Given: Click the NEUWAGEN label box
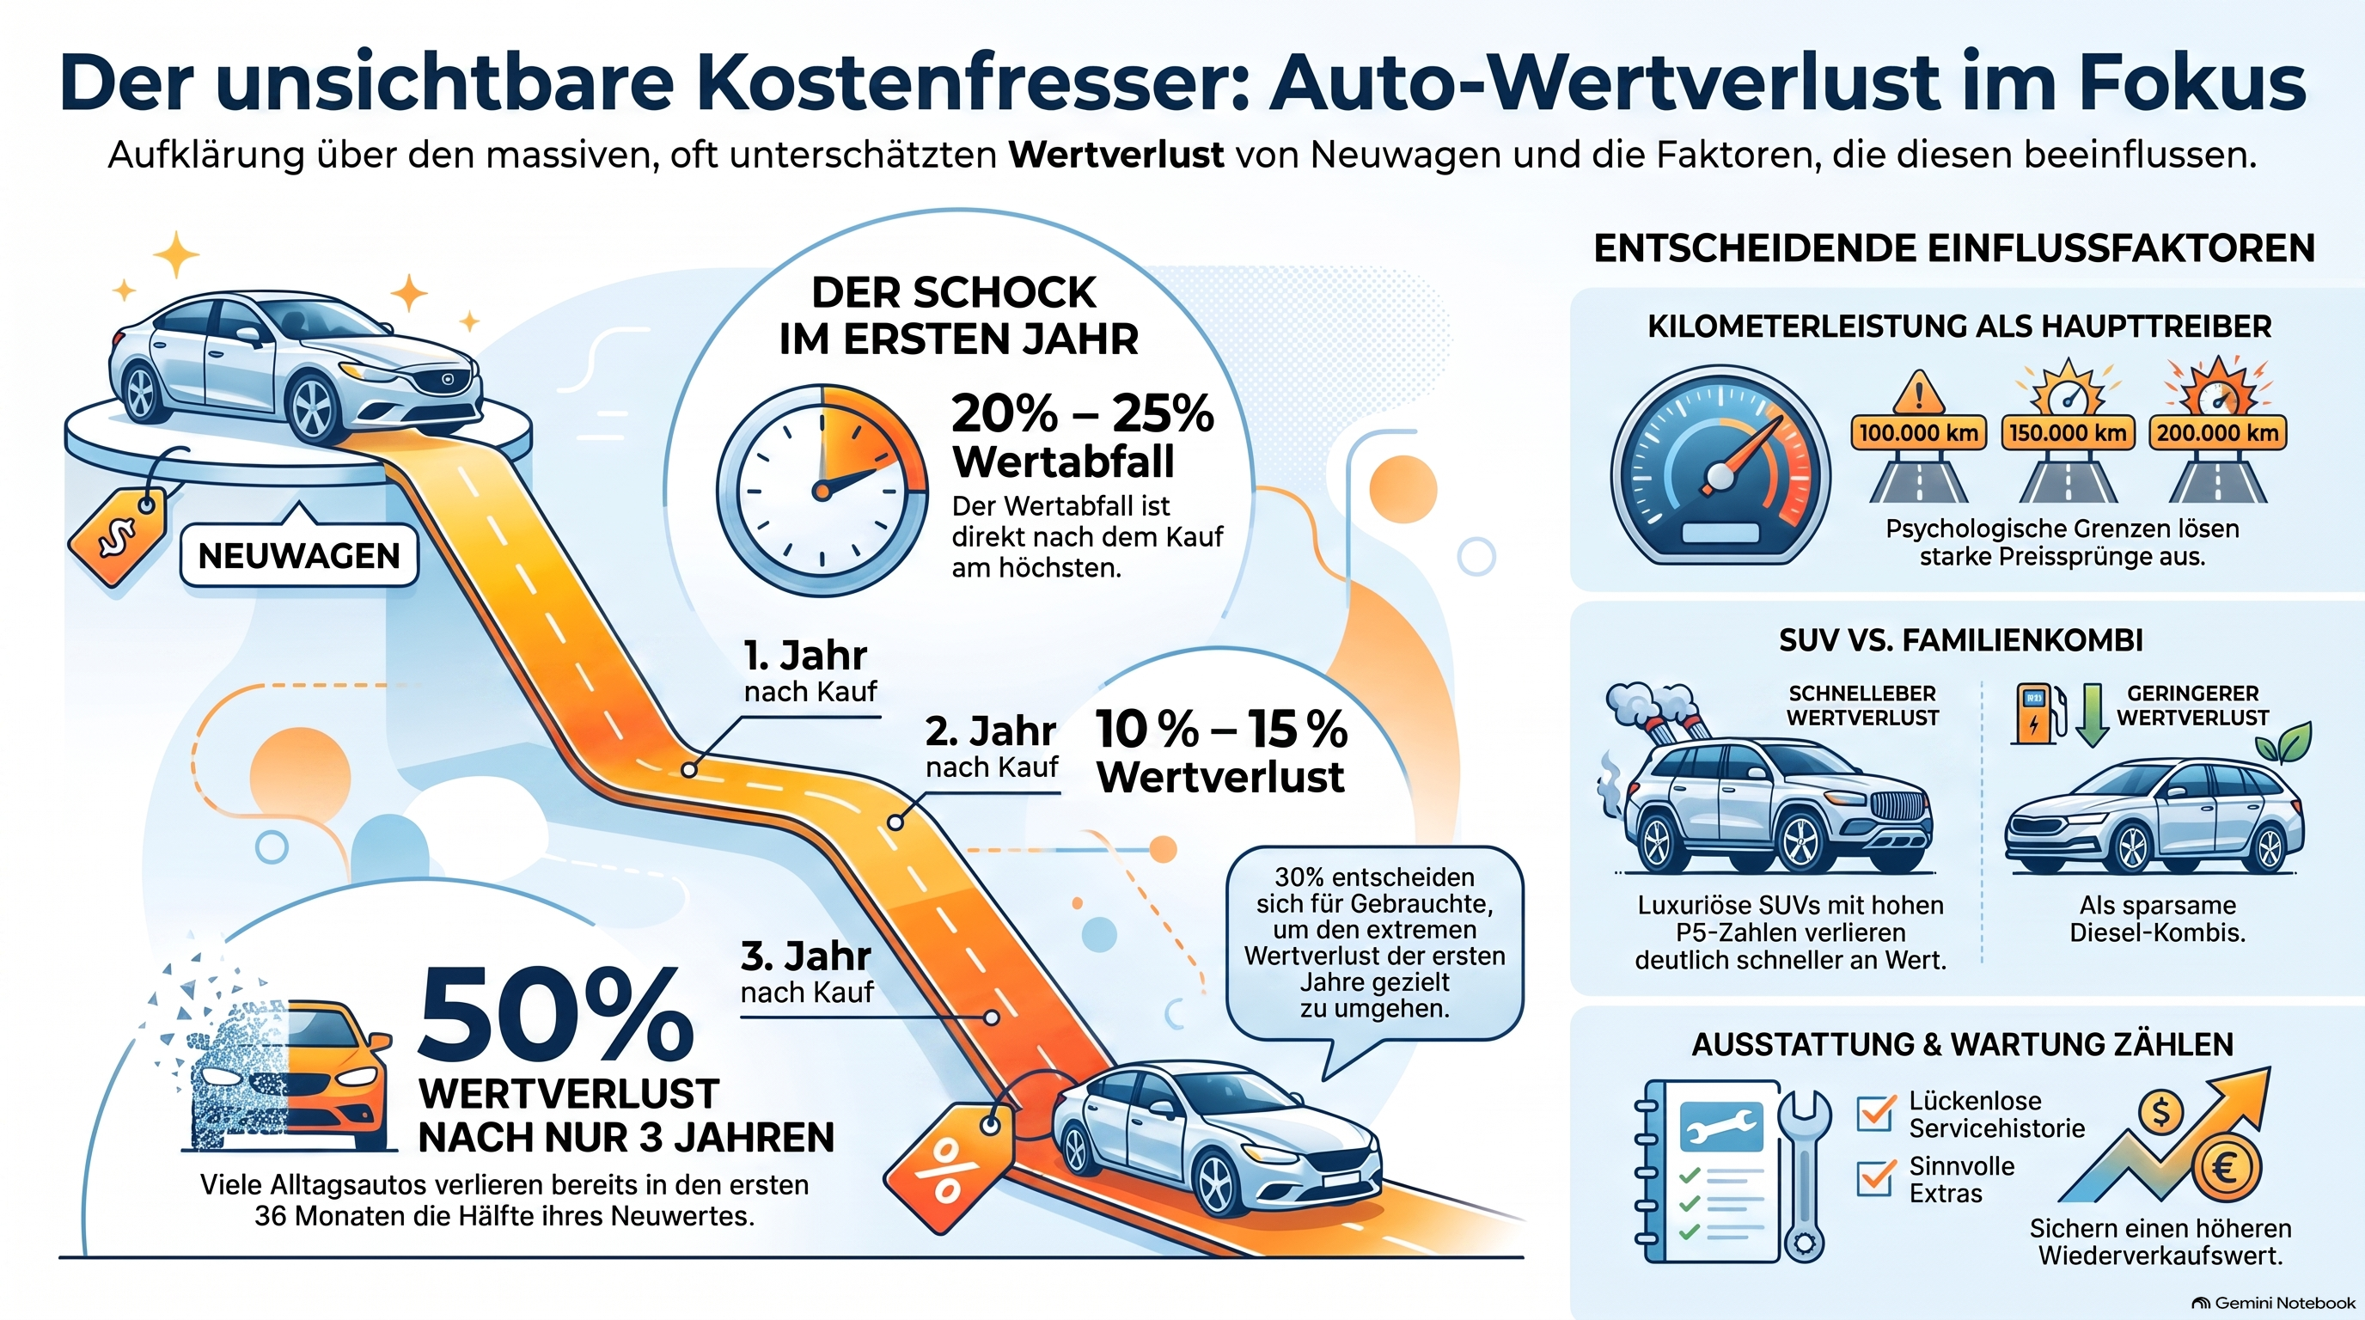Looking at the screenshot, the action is point(299,555).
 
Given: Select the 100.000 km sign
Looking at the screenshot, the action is point(1918,432).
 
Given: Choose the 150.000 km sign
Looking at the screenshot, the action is point(2068,432).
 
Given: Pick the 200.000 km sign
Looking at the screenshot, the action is point(2217,432).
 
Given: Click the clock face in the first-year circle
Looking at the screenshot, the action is point(822,490).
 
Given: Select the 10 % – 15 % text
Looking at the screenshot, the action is point(1221,729).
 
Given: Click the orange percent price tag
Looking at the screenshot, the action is point(949,1168).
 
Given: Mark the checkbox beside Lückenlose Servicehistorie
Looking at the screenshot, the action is point(1876,1113).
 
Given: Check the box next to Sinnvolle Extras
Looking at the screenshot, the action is point(1876,1176).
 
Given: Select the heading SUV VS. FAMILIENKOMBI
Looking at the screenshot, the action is point(1961,640).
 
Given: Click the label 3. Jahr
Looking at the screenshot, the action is point(805,956).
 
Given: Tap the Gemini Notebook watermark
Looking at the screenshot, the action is point(2273,1303).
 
